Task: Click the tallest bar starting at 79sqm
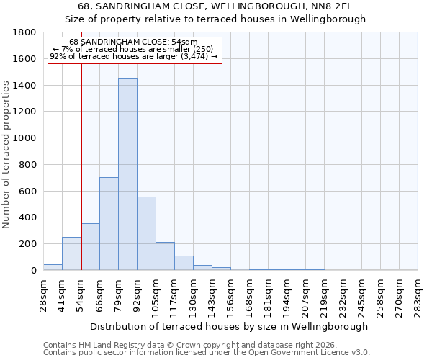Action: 127,174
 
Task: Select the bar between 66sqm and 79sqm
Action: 109,223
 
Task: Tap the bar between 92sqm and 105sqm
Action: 146,233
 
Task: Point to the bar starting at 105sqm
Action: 165,256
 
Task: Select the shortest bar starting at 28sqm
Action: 53,267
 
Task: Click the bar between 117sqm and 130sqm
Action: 184,263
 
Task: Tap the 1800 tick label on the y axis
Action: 26,32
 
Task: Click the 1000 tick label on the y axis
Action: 26,138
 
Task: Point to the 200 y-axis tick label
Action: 29,244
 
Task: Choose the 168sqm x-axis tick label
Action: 249,295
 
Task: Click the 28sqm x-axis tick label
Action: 43,295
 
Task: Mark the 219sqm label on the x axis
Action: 324,295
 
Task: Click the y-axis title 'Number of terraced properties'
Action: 6,155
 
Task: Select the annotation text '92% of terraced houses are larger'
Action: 133,56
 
